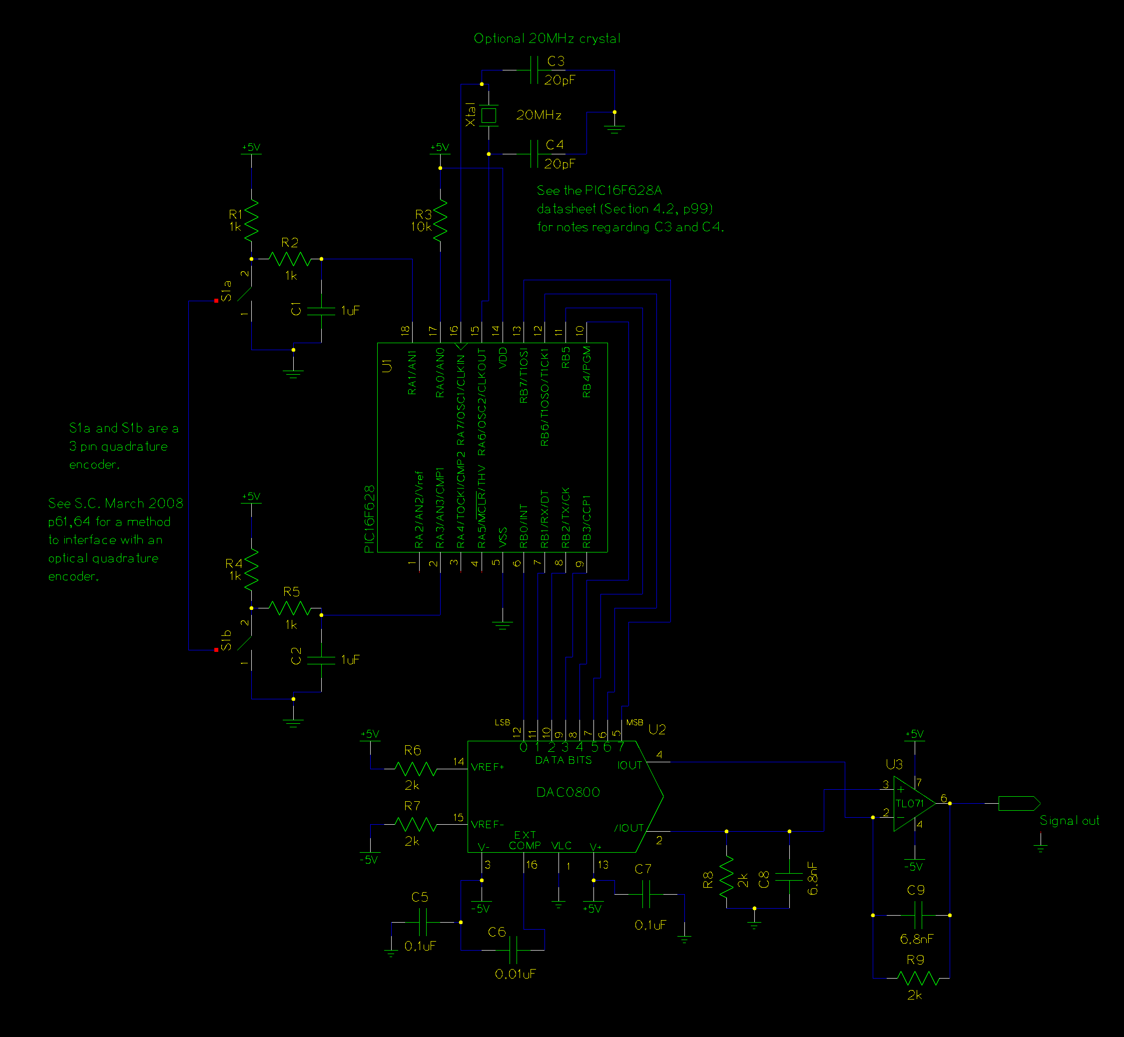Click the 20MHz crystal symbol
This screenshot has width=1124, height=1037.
pyautogui.click(x=489, y=115)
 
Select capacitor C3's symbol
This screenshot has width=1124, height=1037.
pyautogui.click(x=534, y=70)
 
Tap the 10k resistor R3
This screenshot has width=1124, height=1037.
pyautogui.click(x=441, y=219)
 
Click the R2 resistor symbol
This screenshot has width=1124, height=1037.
pyautogui.click(x=290, y=259)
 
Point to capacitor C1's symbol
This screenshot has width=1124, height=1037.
pyautogui.click(x=321, y=311)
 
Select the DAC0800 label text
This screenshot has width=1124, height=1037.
pyautogui.click(x=568, y=792)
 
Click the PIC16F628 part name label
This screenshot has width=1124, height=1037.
pyautogui.click(x=369, y=519)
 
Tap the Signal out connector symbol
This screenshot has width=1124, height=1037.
pyautogui.click(x=1019, y=803)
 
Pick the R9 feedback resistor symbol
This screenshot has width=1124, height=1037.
pyautogui.click(x=918, y=978)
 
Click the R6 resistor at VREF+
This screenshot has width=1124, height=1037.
pyautogui.click(x=415, y=769)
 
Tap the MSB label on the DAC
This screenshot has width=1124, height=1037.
pyautogui.click(x=634, y=722)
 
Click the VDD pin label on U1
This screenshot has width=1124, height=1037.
pyautogui.click(x=503, y=358)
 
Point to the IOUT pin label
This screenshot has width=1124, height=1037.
pyautogui.click(x=629, y=765)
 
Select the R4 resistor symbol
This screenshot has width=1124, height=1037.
pyautogui.click(x=251, y=568)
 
